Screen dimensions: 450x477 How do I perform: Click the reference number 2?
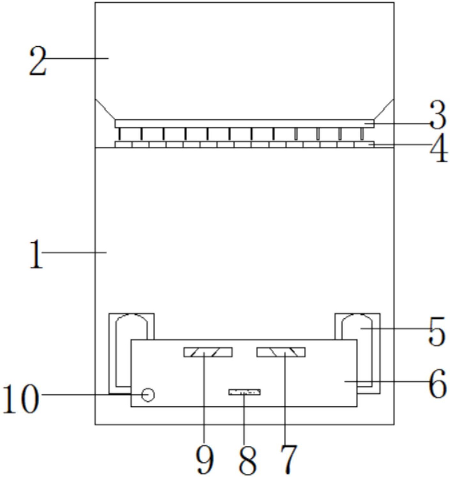tap(37, 61)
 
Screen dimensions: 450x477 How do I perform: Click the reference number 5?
tap(437, 332)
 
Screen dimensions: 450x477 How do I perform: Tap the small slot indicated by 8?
tap(244, 393)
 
